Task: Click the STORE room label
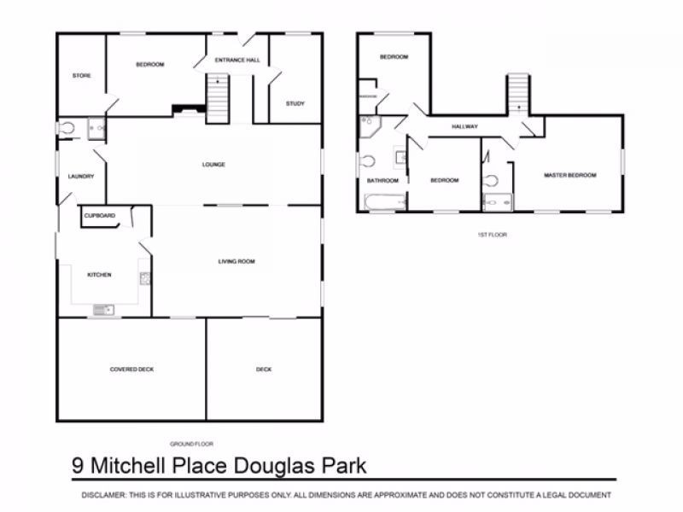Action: [x=81, y=76]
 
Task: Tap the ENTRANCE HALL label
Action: [x=237, y=61]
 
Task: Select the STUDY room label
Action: [x=295, y=103]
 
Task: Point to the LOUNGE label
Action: [x=213, y=165]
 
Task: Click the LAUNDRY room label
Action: [x=80, y=177]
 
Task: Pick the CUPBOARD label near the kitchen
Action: [x=100, y=216]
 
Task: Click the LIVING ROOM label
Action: [x=236, y=261]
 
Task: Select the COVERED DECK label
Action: [x=131, y=369]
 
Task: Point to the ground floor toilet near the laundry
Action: [x=67, y=128]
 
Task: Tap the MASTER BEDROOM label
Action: [x=569, y=175]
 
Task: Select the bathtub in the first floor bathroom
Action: [x=382, y=202]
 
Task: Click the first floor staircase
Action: [x=517, y=91]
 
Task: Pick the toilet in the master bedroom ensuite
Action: [x=491, y=180]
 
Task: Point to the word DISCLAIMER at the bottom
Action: [x=102, y=495]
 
